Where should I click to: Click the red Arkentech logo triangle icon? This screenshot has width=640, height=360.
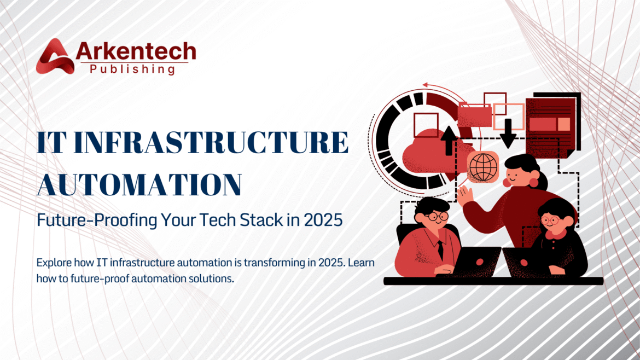point(54,56)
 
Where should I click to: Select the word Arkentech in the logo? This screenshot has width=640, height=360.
point(136,51)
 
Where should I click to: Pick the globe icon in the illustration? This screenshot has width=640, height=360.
point(483,166)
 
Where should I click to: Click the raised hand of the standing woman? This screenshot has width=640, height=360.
point(466,196)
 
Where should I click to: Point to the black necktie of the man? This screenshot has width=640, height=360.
point(440,250)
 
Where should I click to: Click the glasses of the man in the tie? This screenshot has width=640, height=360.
point(432,216)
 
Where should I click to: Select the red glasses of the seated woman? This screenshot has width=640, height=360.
point(551,220)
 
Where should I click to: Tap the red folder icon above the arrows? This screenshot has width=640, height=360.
point(474,115)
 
